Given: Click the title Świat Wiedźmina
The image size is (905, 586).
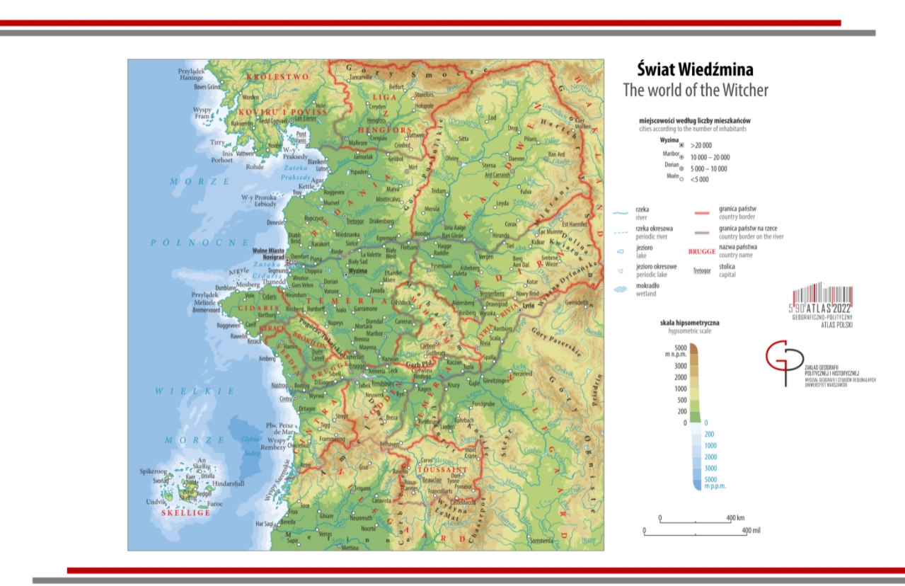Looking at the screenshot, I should click(695, 70).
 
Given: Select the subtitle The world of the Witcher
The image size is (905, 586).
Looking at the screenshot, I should click(695, 90).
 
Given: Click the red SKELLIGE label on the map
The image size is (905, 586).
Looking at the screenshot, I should click(185, 512).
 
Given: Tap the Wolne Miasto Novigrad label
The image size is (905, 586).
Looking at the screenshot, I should click(271, 253).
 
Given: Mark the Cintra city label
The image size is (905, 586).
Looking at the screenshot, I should click(287, 399).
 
